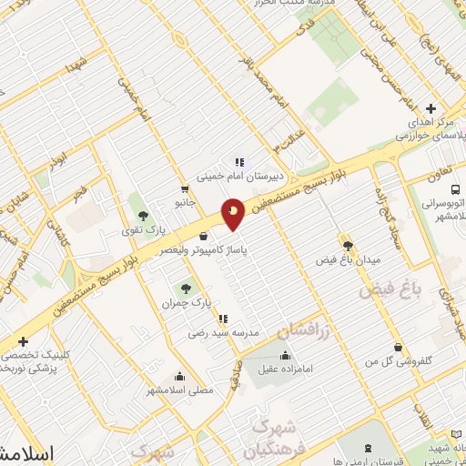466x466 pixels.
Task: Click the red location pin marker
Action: tap(234, 214)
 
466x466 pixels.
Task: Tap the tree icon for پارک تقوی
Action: tap(144, 216)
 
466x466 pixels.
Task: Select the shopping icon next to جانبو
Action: tap(186, 189)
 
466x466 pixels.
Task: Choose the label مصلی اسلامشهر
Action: tap(180, 390)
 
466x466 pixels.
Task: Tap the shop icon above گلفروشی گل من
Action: tap(398, 347)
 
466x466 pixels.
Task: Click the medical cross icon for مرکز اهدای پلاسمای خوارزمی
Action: tap(431, 108)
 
